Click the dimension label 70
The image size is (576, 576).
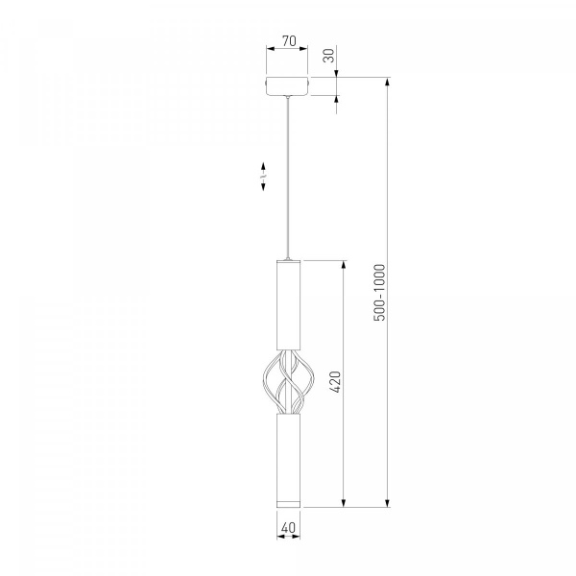[289, 40]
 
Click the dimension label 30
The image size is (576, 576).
[329, 56]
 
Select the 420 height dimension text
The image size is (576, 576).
[336, 382]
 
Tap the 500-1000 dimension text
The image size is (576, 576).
[380, 293]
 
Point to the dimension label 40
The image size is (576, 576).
[288, 527]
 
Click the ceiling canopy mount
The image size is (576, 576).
[288, 86]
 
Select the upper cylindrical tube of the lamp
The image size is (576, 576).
[288, 305]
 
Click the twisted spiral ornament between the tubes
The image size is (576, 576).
[289, 382]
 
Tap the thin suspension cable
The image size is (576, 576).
[288, 178]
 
